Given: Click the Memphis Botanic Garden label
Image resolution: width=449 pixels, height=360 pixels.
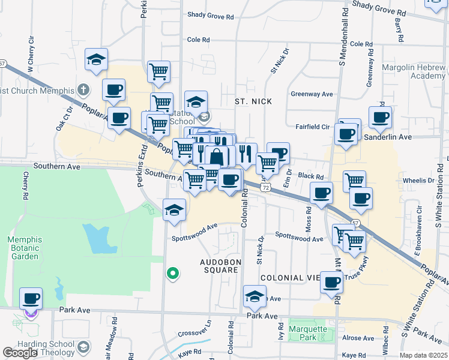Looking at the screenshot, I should tap(24, 248).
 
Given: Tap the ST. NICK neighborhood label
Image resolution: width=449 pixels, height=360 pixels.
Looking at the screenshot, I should tap(253, 101).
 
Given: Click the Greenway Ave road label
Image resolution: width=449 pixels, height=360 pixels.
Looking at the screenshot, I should tap(312, 94).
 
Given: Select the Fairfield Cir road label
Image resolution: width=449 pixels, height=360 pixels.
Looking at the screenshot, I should tap(313, 127).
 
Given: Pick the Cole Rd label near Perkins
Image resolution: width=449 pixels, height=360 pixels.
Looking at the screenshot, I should tap(199, 40).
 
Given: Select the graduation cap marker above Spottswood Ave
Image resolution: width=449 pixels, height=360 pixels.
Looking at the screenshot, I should tap(175, 211).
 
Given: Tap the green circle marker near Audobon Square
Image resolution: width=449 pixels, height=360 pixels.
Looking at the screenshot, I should tap(173, 274).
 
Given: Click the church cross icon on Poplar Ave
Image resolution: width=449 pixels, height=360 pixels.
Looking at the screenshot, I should tap(83, 91).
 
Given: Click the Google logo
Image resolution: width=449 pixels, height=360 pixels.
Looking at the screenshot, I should tap(20, 353).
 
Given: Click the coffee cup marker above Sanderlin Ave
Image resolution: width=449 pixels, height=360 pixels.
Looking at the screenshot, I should tap(380, 117).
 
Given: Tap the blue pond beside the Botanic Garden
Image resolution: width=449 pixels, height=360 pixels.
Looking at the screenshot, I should tap(95, 238).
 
